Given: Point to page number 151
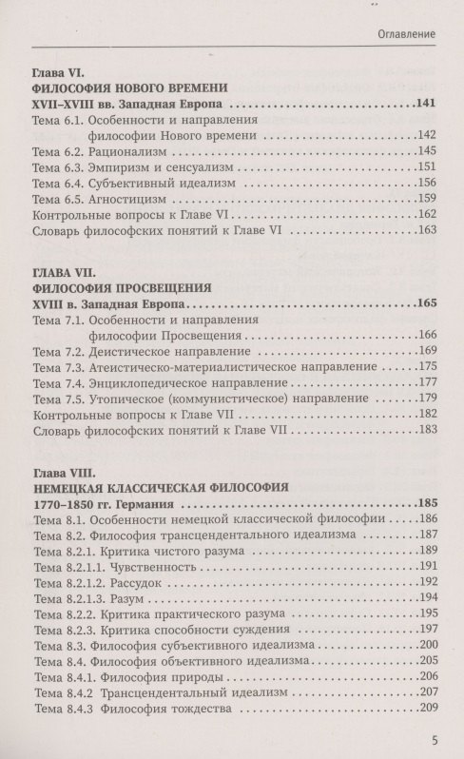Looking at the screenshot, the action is tap(425, 168).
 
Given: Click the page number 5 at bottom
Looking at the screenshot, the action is tap(434, 742).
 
